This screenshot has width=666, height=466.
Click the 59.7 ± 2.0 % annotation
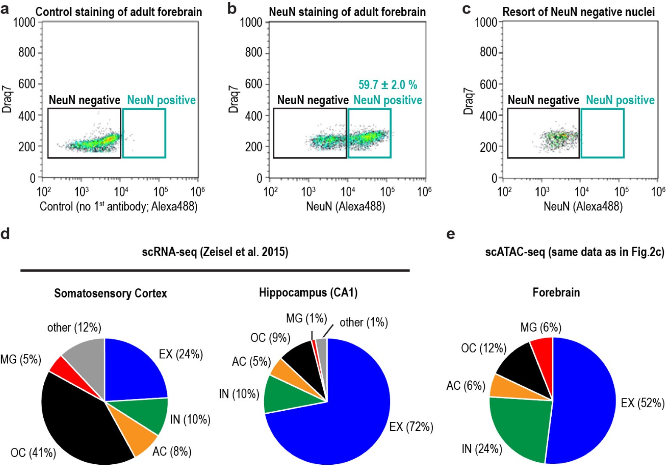(387, 85)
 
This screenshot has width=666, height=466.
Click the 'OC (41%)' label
(33, 453)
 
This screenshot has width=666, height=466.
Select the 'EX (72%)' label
(411, 426)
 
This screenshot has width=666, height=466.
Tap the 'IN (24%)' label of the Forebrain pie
(482, 449)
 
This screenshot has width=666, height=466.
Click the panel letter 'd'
(5, 233)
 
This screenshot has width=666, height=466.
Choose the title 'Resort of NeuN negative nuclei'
(579, 12)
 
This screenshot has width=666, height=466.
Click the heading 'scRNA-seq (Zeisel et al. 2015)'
(215, 252)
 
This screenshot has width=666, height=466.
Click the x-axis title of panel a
(119, 207)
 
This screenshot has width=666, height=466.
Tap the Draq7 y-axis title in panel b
(233, 100)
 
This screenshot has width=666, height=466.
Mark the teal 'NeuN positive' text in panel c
(620, 100)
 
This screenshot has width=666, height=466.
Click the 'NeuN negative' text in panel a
(85, 100)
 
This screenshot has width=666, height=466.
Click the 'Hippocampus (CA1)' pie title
(308, 293)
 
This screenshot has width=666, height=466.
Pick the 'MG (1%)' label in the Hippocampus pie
(305, 318)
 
